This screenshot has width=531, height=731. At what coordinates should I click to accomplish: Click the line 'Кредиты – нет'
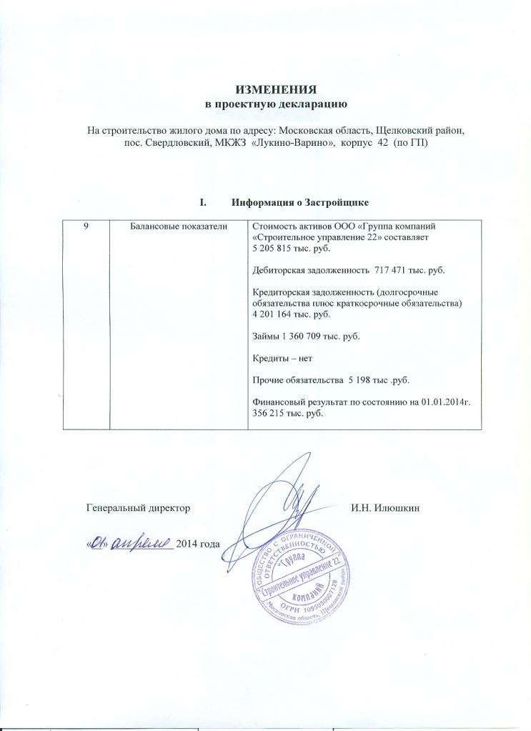coord(283,357)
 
